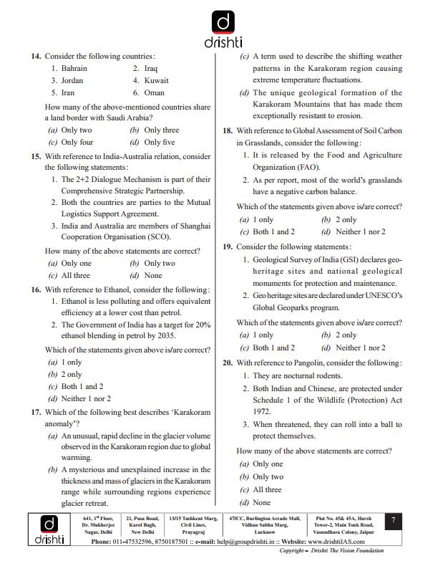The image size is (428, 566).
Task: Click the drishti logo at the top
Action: click(214, 29)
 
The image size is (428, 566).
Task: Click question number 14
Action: click(36, 56)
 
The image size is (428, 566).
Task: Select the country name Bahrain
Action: click(75, 68)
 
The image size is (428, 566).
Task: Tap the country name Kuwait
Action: click(156, 80)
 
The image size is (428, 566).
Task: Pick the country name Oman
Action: click(154, 92)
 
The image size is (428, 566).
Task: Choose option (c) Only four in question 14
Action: click(70, 142)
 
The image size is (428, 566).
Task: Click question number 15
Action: click(36, 156)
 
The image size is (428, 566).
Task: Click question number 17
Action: click(36, 413)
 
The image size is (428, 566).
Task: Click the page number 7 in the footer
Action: click(393, 522)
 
